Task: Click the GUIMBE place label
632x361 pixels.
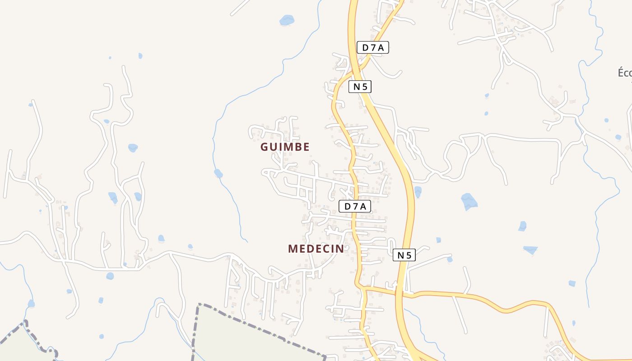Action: coord(285,147)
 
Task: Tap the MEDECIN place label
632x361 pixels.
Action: coord(316,249)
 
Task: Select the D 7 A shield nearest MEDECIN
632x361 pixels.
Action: coord(355,207)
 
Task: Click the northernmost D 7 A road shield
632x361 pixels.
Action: coord(373,47)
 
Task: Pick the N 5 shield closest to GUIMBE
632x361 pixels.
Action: coord(360,87)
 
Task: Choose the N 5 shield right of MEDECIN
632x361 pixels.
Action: coord(404,255)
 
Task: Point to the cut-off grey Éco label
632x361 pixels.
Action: coord(625,73)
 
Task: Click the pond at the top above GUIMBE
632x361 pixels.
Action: coord(287,20)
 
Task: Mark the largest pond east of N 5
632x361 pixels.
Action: coord(469,201)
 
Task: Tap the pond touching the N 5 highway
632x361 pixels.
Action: coord(418,192)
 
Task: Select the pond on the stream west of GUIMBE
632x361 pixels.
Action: coord(218,173)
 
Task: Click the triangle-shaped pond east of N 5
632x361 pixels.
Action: coord(530,249)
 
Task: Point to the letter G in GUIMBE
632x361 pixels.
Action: coord(265,147)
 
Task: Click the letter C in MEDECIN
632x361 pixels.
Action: coord(327,249)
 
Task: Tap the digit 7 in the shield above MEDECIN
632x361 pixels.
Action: coord(355,207)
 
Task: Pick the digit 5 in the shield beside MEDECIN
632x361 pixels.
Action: coord(409,255)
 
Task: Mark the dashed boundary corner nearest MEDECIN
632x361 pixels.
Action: coord(199,305)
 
